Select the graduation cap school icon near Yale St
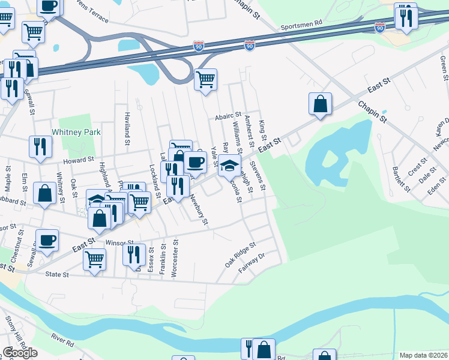point(229,164)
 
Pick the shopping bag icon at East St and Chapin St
point(321,103)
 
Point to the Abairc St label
point(228,115)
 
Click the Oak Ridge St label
point(241,255)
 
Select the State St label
point(58,274)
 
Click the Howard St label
point(80,160)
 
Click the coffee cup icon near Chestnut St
point(47,240)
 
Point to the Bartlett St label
point(400,179)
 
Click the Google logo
point(19,353)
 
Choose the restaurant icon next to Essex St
point(134,254)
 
